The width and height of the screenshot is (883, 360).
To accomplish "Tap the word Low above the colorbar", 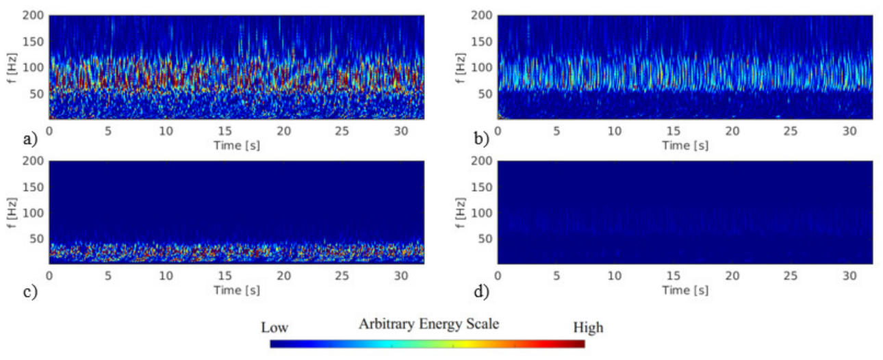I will (x=275, y=329).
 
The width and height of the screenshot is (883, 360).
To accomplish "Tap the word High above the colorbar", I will (x=588, y=329).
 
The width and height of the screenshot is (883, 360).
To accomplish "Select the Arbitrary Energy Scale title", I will (x=428, y=324).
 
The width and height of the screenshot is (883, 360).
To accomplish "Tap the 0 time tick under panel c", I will (x=49, y=274).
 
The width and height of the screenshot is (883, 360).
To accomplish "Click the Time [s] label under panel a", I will (x=236, y=145).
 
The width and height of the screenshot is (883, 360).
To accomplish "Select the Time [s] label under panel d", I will (x=685, y=290).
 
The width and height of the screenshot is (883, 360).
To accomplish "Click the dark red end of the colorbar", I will (x=579, y=344).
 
